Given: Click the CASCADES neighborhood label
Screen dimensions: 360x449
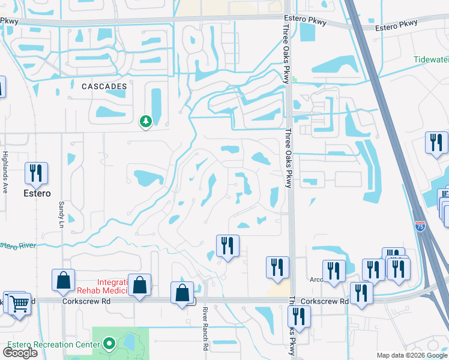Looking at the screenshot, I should tap(104, 86).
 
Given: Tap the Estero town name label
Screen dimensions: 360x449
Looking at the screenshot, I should tap(37, 194).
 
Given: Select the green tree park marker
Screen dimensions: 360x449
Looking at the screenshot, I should tap(145, 122).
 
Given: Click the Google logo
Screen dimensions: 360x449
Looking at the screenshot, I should tap(20, 352).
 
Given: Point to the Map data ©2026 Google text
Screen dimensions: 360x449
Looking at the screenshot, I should tap(411, 355).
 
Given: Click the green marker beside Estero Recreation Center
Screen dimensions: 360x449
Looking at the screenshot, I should tap(109, 344).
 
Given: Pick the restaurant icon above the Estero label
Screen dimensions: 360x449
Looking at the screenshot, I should tap(36, 173).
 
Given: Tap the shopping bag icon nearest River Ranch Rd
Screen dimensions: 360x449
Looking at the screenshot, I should tap(182, 293).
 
